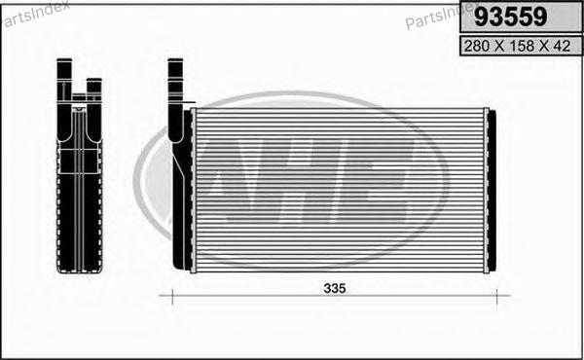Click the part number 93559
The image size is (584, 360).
pyautogui.click(x=511, y=17)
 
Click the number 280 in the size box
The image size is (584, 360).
pyautogui.click(x=477, y=46)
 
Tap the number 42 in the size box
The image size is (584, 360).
pyautogui.click(x=562, y=46)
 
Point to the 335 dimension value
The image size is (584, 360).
pyautogui.click(x=335, y=288)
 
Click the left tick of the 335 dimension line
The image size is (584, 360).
pyautogui.click(x=172, y=297)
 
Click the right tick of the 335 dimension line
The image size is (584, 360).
pyautogui.click(x=497, y=297)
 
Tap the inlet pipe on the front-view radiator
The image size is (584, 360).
pyautogui.click(x=175, y=100)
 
